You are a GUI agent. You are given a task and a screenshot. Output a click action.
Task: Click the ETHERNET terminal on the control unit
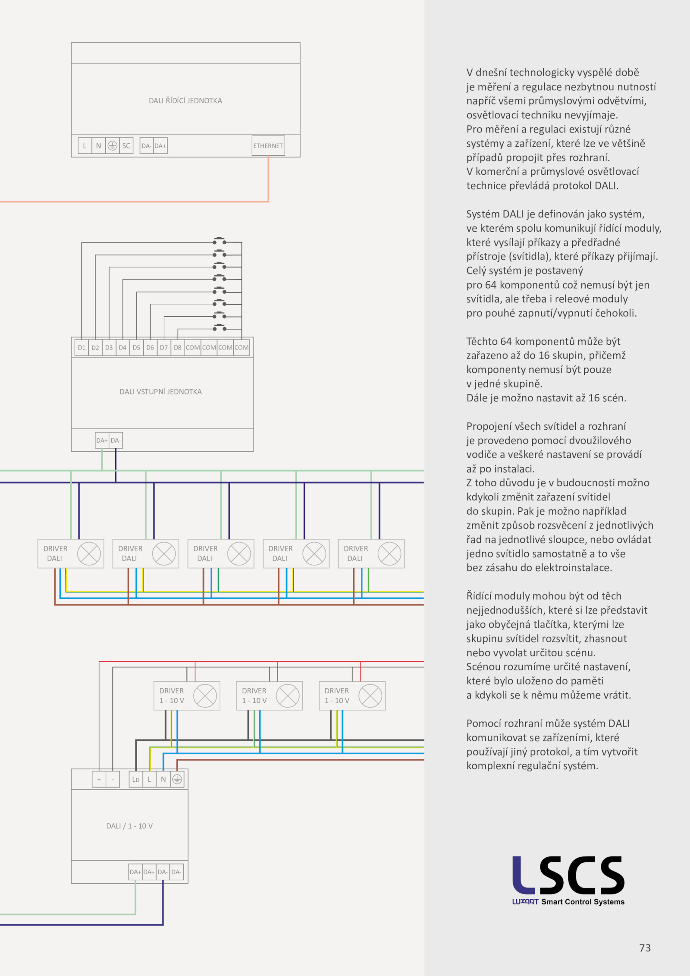(x=268, y=146)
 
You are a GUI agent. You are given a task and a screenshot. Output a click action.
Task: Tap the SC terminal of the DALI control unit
(x=126, y=146)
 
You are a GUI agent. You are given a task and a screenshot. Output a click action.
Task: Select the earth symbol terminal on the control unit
(x=112, y=146)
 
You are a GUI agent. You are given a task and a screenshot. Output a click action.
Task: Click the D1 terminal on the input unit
(x=82, y=347)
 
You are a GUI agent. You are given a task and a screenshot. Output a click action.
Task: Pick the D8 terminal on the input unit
(x=178, y=347)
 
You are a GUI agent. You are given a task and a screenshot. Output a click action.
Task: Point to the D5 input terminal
(x=136, y=347)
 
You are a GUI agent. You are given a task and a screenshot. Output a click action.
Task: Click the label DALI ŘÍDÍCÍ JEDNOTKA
(x=185, y=101)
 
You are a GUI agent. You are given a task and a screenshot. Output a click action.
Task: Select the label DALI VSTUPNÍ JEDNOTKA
(x=161, y=392)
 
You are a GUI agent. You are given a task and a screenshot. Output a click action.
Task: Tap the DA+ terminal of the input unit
(x=102, y=441)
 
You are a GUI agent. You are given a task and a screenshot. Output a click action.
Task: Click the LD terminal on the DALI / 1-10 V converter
(x=136, y=779)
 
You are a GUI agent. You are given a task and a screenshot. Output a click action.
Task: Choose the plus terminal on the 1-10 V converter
(x=99, y=779)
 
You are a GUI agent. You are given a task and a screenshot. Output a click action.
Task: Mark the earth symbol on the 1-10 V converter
(x=177, y=779)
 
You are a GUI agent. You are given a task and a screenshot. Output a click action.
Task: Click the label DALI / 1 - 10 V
(x=129, y=826)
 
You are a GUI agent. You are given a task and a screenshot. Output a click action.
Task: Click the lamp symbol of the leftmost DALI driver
(x=89, y=554)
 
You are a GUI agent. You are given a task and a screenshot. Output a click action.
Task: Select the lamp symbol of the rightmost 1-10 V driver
(x=370, y=696)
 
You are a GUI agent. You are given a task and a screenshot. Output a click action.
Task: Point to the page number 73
(x=645, y=948)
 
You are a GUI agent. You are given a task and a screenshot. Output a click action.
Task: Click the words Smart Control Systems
(x=583, y=902)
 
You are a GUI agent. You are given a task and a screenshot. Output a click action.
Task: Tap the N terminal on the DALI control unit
(x=98, y=146)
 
